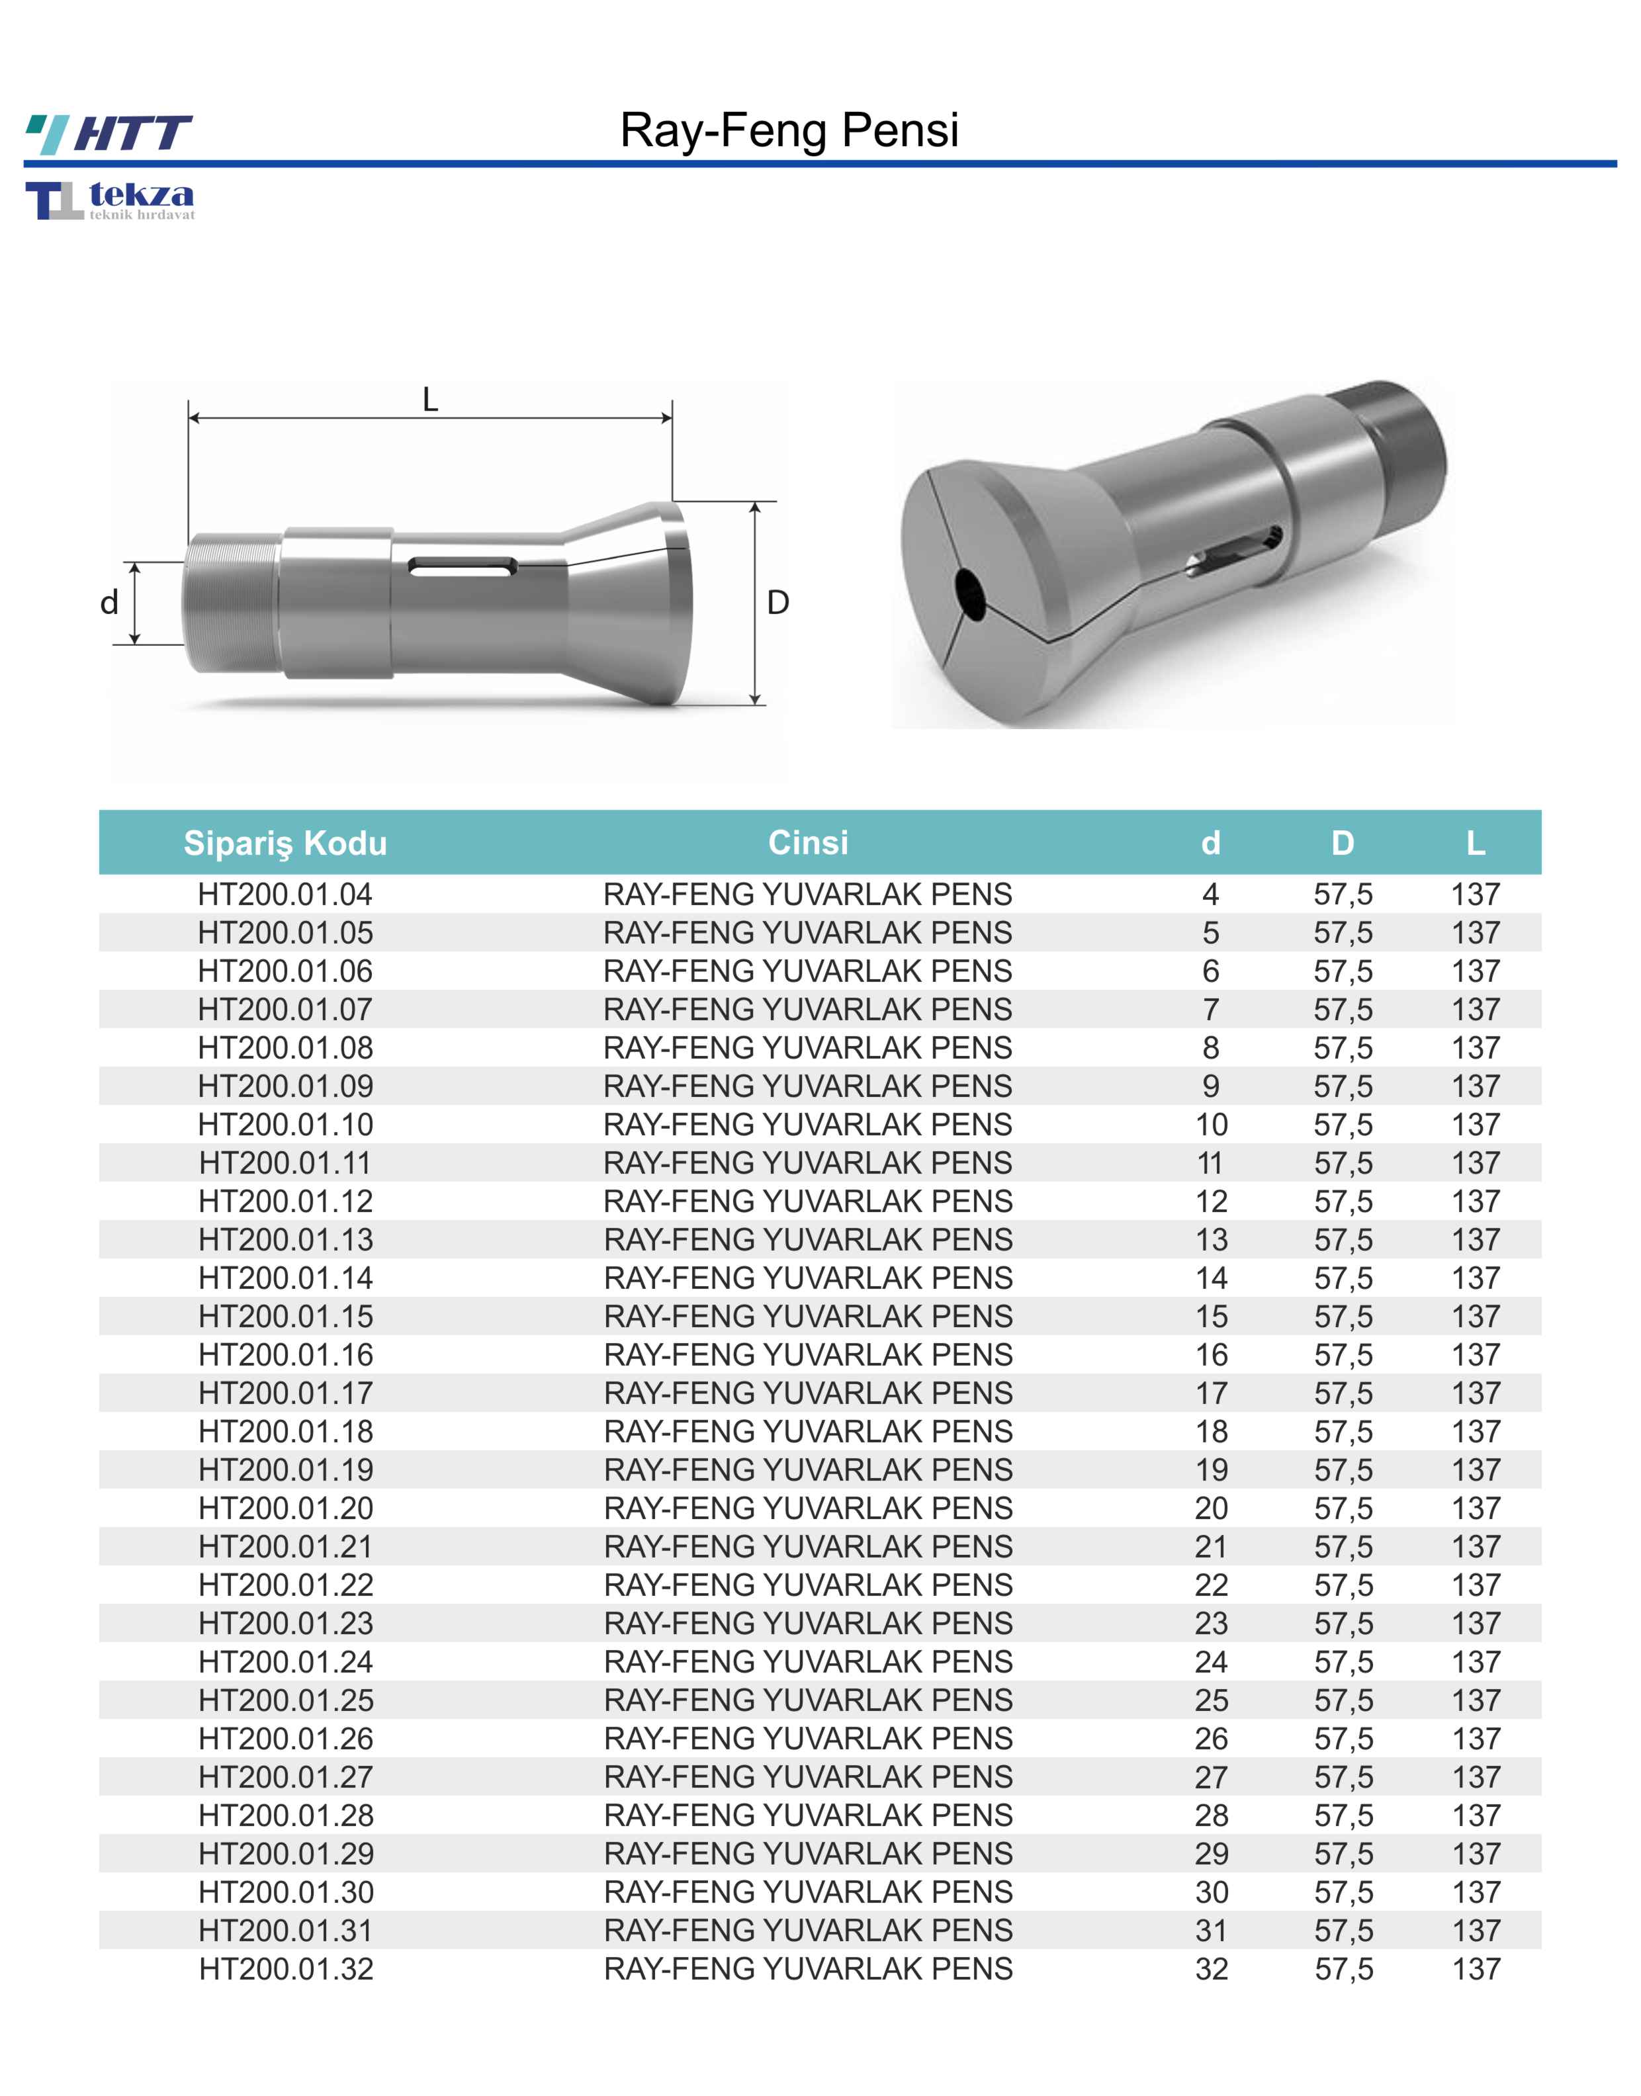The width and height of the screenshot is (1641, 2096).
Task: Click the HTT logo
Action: point(109,134)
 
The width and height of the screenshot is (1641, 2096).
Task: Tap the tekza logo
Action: point(110,200)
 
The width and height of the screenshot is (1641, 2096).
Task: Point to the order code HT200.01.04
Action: point(285,895)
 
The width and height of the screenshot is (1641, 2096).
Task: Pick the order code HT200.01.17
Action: point(285,1393)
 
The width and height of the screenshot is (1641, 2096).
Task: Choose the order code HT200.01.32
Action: point(285,1968)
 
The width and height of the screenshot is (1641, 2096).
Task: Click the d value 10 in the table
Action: point(1212,1125)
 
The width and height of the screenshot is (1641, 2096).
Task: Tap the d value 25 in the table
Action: point(1212,1700)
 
